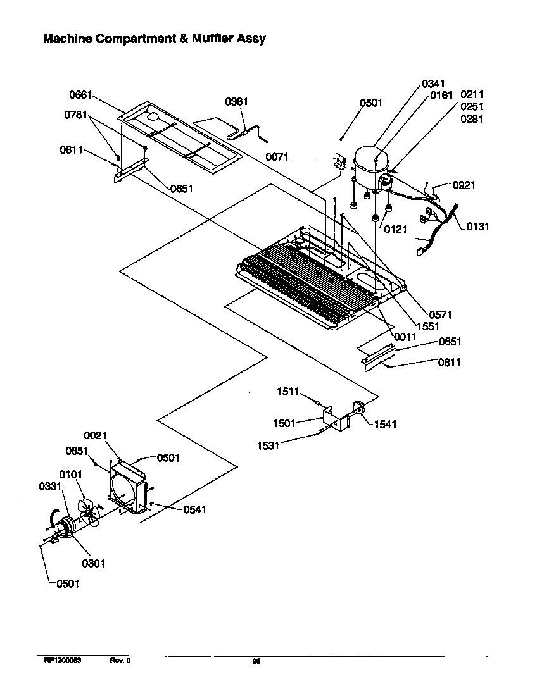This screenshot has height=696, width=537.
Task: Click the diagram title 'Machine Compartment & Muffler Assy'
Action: (154, 39)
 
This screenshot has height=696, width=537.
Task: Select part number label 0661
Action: (81, 95)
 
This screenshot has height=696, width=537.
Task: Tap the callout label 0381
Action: (237, 102)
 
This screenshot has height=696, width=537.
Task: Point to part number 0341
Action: (433, 84)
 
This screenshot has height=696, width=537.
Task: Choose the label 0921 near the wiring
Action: (464, 185)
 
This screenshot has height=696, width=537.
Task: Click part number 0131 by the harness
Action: (478, 227)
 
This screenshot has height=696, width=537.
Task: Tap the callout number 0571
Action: (440, 314)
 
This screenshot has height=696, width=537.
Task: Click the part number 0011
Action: (405, 337)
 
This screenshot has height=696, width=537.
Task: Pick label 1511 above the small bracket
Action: (288, 393)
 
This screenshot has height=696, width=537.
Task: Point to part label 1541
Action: (386, 424)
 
